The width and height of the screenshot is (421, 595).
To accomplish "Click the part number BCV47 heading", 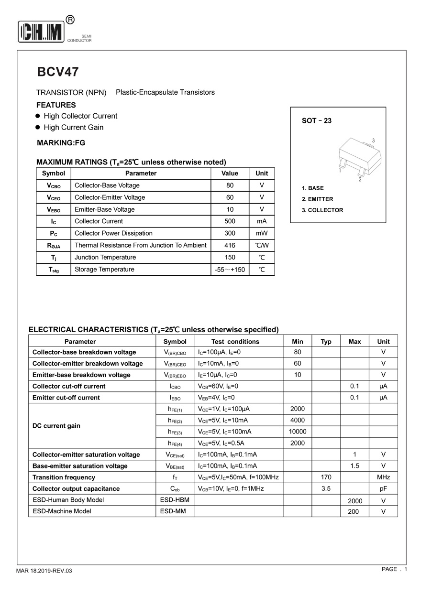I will pyautogui.click(x=58, y=72).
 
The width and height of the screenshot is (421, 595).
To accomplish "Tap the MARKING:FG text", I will pyautogui.click(x=61, y=142).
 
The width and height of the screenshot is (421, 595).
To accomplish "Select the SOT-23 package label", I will pyautogui.click(x=316, y=121).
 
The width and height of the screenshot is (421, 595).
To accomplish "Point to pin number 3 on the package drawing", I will pyautogui.click(x=373, y=141).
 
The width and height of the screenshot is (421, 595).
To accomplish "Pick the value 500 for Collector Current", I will pyautogui.click(x=230, y=221).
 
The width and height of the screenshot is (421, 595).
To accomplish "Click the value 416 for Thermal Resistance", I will pyautogui.click(x=230, y=245).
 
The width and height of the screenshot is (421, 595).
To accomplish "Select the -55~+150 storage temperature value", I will pyautogui.click(x=230, y=270).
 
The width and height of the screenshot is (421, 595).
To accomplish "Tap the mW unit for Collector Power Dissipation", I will pyautogui.click(x=262, y=233).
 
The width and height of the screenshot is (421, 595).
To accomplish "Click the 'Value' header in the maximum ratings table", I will pyautogui.click(x=230, y=173).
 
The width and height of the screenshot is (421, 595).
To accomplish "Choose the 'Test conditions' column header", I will pyautogui.click(x=235, y=342).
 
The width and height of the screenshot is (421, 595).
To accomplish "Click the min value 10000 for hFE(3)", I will pyautogui.click(x=297, y=432).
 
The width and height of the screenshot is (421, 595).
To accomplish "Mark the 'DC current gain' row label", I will pyautogui.click(x=56, y=426).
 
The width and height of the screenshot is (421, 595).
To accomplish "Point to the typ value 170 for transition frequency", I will pyautogui.click(x=326, y=477).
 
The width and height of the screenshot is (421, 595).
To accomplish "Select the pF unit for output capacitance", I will pyautogui.click(x=383, y=488).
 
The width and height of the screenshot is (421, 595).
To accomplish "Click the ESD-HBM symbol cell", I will pyautogui.click(x=175, y=500).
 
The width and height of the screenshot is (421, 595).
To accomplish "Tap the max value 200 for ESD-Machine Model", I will pyautogui.click(x=355, y=512).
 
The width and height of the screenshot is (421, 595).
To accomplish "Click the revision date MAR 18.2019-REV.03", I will pyautogui.click(x=44, y=571).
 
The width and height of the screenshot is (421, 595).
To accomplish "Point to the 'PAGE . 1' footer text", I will pyautogui.click(x=394, y=569).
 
